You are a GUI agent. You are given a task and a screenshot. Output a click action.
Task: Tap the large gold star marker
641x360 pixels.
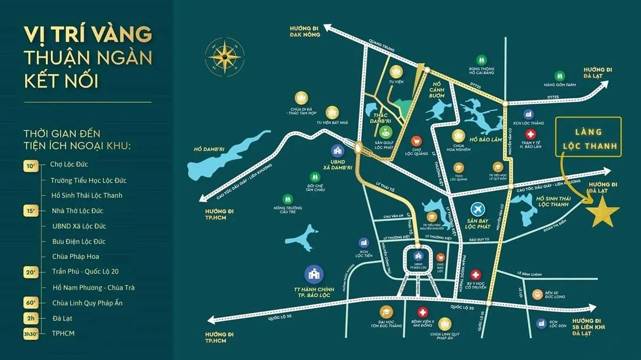(x=603, y=212)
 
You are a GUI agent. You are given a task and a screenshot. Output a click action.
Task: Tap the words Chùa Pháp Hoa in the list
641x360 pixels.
(x=76, y=256)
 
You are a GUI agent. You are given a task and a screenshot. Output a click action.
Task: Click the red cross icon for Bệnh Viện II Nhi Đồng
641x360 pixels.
(x=423, y=312)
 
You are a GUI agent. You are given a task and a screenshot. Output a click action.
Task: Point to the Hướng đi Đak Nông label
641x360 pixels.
(x=306, y=30)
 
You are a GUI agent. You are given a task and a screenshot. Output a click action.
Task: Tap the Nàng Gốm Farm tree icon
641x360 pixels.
(x=559, y=76)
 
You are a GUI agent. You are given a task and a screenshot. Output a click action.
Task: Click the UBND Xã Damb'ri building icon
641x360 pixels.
(x=337, y=152)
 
